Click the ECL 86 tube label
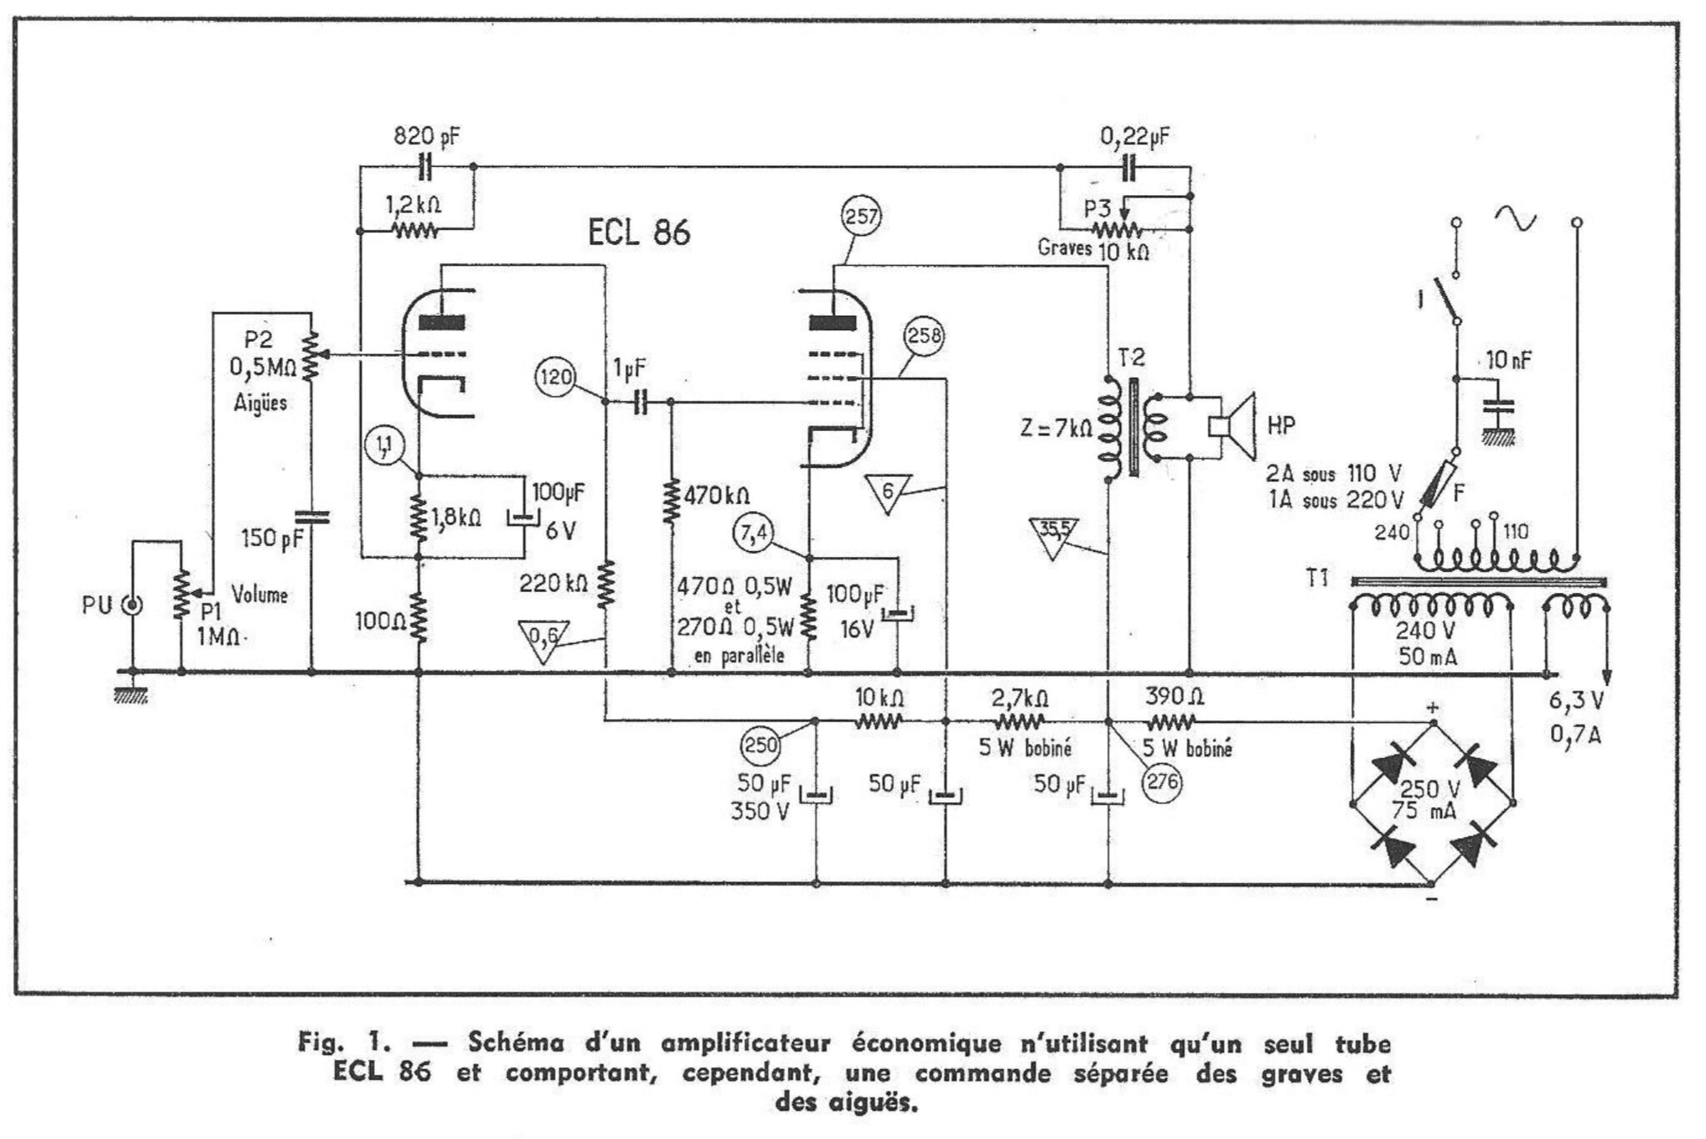[639, 232]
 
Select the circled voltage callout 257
[862, 217]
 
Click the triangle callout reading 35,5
[1053, 535]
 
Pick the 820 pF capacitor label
[426, 137]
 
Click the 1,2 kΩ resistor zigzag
[414, 229]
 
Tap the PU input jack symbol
[132, 605]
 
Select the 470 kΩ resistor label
[716, 496]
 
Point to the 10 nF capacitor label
[1508, 360]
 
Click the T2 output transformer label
[1131, 358]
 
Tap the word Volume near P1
[259, 595]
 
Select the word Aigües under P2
[261, 403]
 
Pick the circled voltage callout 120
[556, 377]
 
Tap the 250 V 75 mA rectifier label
[1429, 799]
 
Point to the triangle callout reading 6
[888, 494]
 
